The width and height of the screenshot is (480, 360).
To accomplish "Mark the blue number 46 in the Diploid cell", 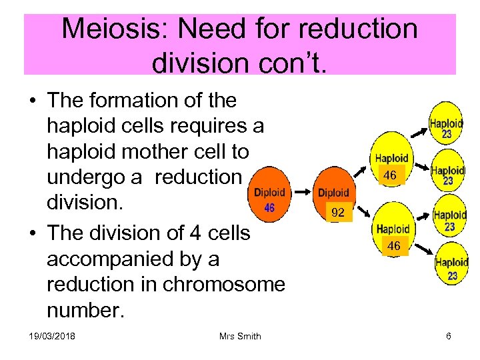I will tap(269, 207).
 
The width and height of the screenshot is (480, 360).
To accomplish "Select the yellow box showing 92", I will tap(338, 213).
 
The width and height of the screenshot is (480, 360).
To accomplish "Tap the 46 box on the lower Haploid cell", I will tap(394, 246).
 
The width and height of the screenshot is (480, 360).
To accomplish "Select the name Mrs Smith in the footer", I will tap(240, 336).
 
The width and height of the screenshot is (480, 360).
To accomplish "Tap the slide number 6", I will tap(449, 336).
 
